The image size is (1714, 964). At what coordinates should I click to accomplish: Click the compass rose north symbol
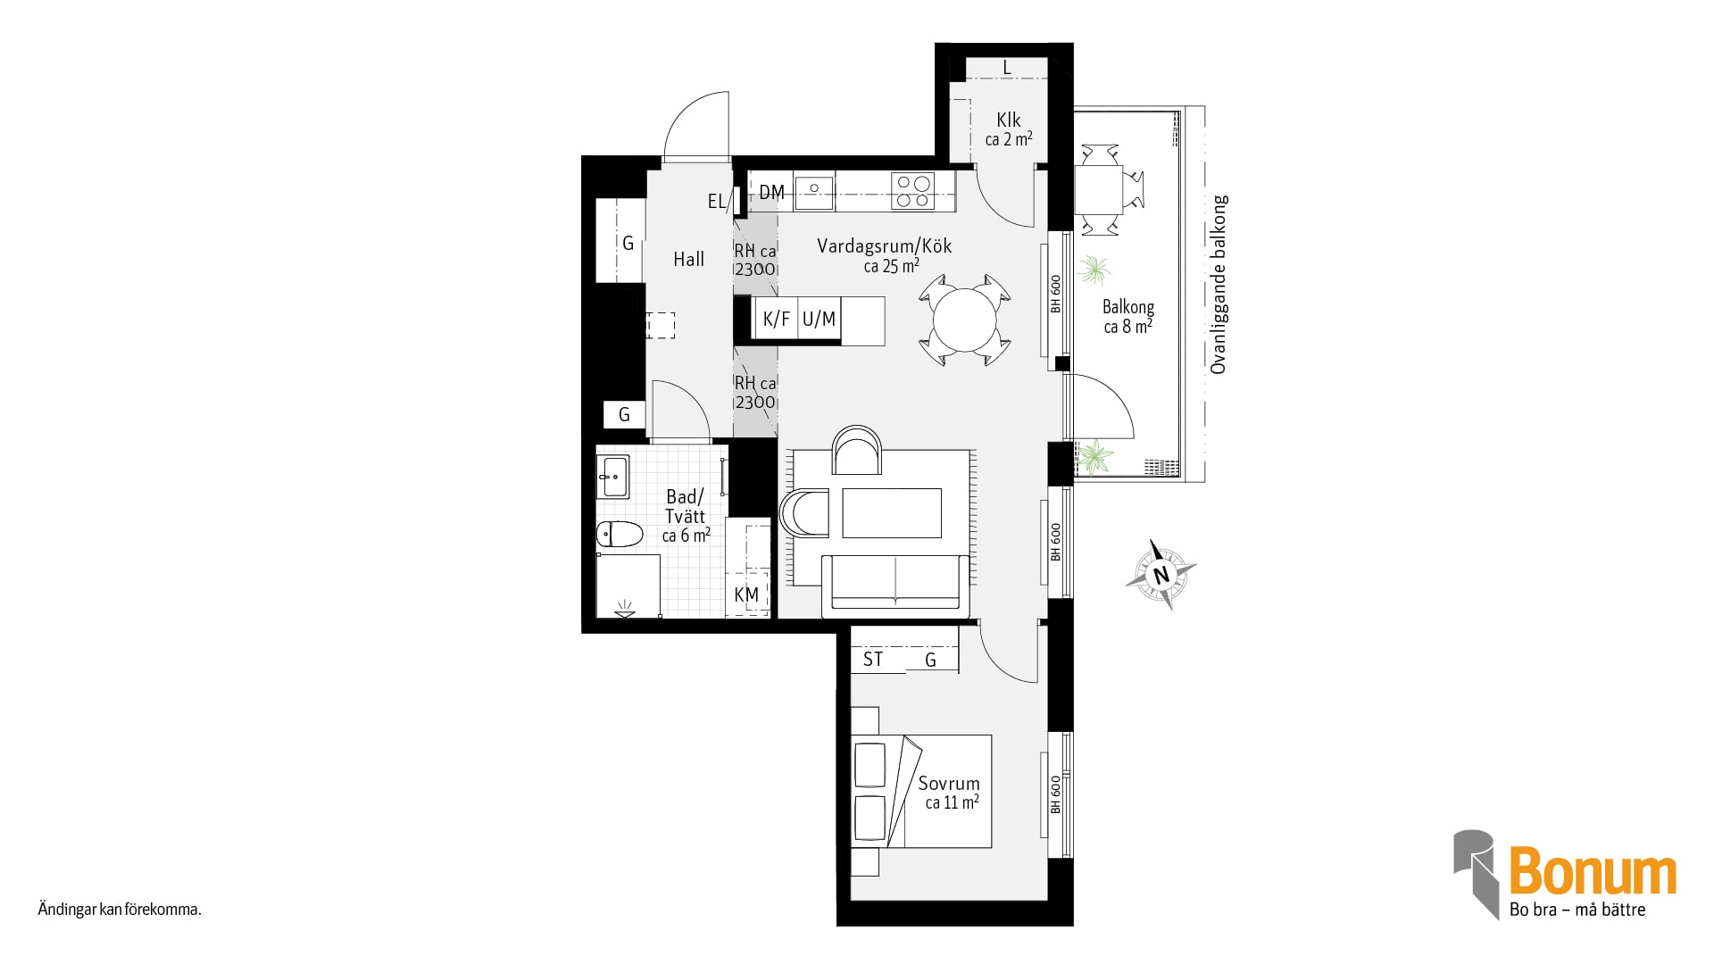pos(1161,575)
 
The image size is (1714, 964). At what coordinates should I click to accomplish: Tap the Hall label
pos(688,259)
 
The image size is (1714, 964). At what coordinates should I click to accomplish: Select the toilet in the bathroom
pos(620,534)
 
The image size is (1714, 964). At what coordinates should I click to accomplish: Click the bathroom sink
pos(613,477)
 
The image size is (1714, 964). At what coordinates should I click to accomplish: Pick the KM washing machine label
pos(746,594)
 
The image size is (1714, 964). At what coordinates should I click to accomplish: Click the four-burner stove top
pos(912,191)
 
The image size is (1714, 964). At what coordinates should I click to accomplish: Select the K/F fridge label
pos(776,319)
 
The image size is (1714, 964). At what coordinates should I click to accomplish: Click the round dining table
pos(964,320)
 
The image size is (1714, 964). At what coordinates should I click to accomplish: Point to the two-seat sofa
pos(895,585)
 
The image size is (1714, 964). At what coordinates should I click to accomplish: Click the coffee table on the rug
pos(892,512)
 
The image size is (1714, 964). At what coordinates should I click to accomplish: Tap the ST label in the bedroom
pos(873,659)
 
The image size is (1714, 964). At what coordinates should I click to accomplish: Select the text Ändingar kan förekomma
pos(120,910)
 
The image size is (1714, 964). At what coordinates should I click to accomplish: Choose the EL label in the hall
pos(717,202)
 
